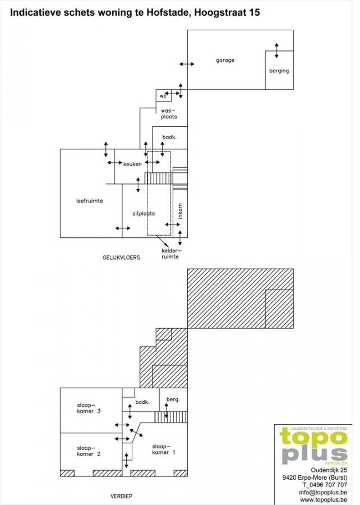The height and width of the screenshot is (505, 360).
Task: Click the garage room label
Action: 225,60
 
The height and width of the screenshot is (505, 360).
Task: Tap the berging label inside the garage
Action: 279,71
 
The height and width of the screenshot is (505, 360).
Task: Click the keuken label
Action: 132,164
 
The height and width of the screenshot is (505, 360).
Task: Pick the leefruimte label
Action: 89,201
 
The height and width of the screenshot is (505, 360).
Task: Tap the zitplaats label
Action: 144,214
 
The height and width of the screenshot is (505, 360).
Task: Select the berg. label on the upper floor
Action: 173,400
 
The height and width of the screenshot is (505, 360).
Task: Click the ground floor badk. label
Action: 169,137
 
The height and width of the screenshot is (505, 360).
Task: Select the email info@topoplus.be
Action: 322,492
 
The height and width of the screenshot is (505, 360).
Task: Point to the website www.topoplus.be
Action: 324,499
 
